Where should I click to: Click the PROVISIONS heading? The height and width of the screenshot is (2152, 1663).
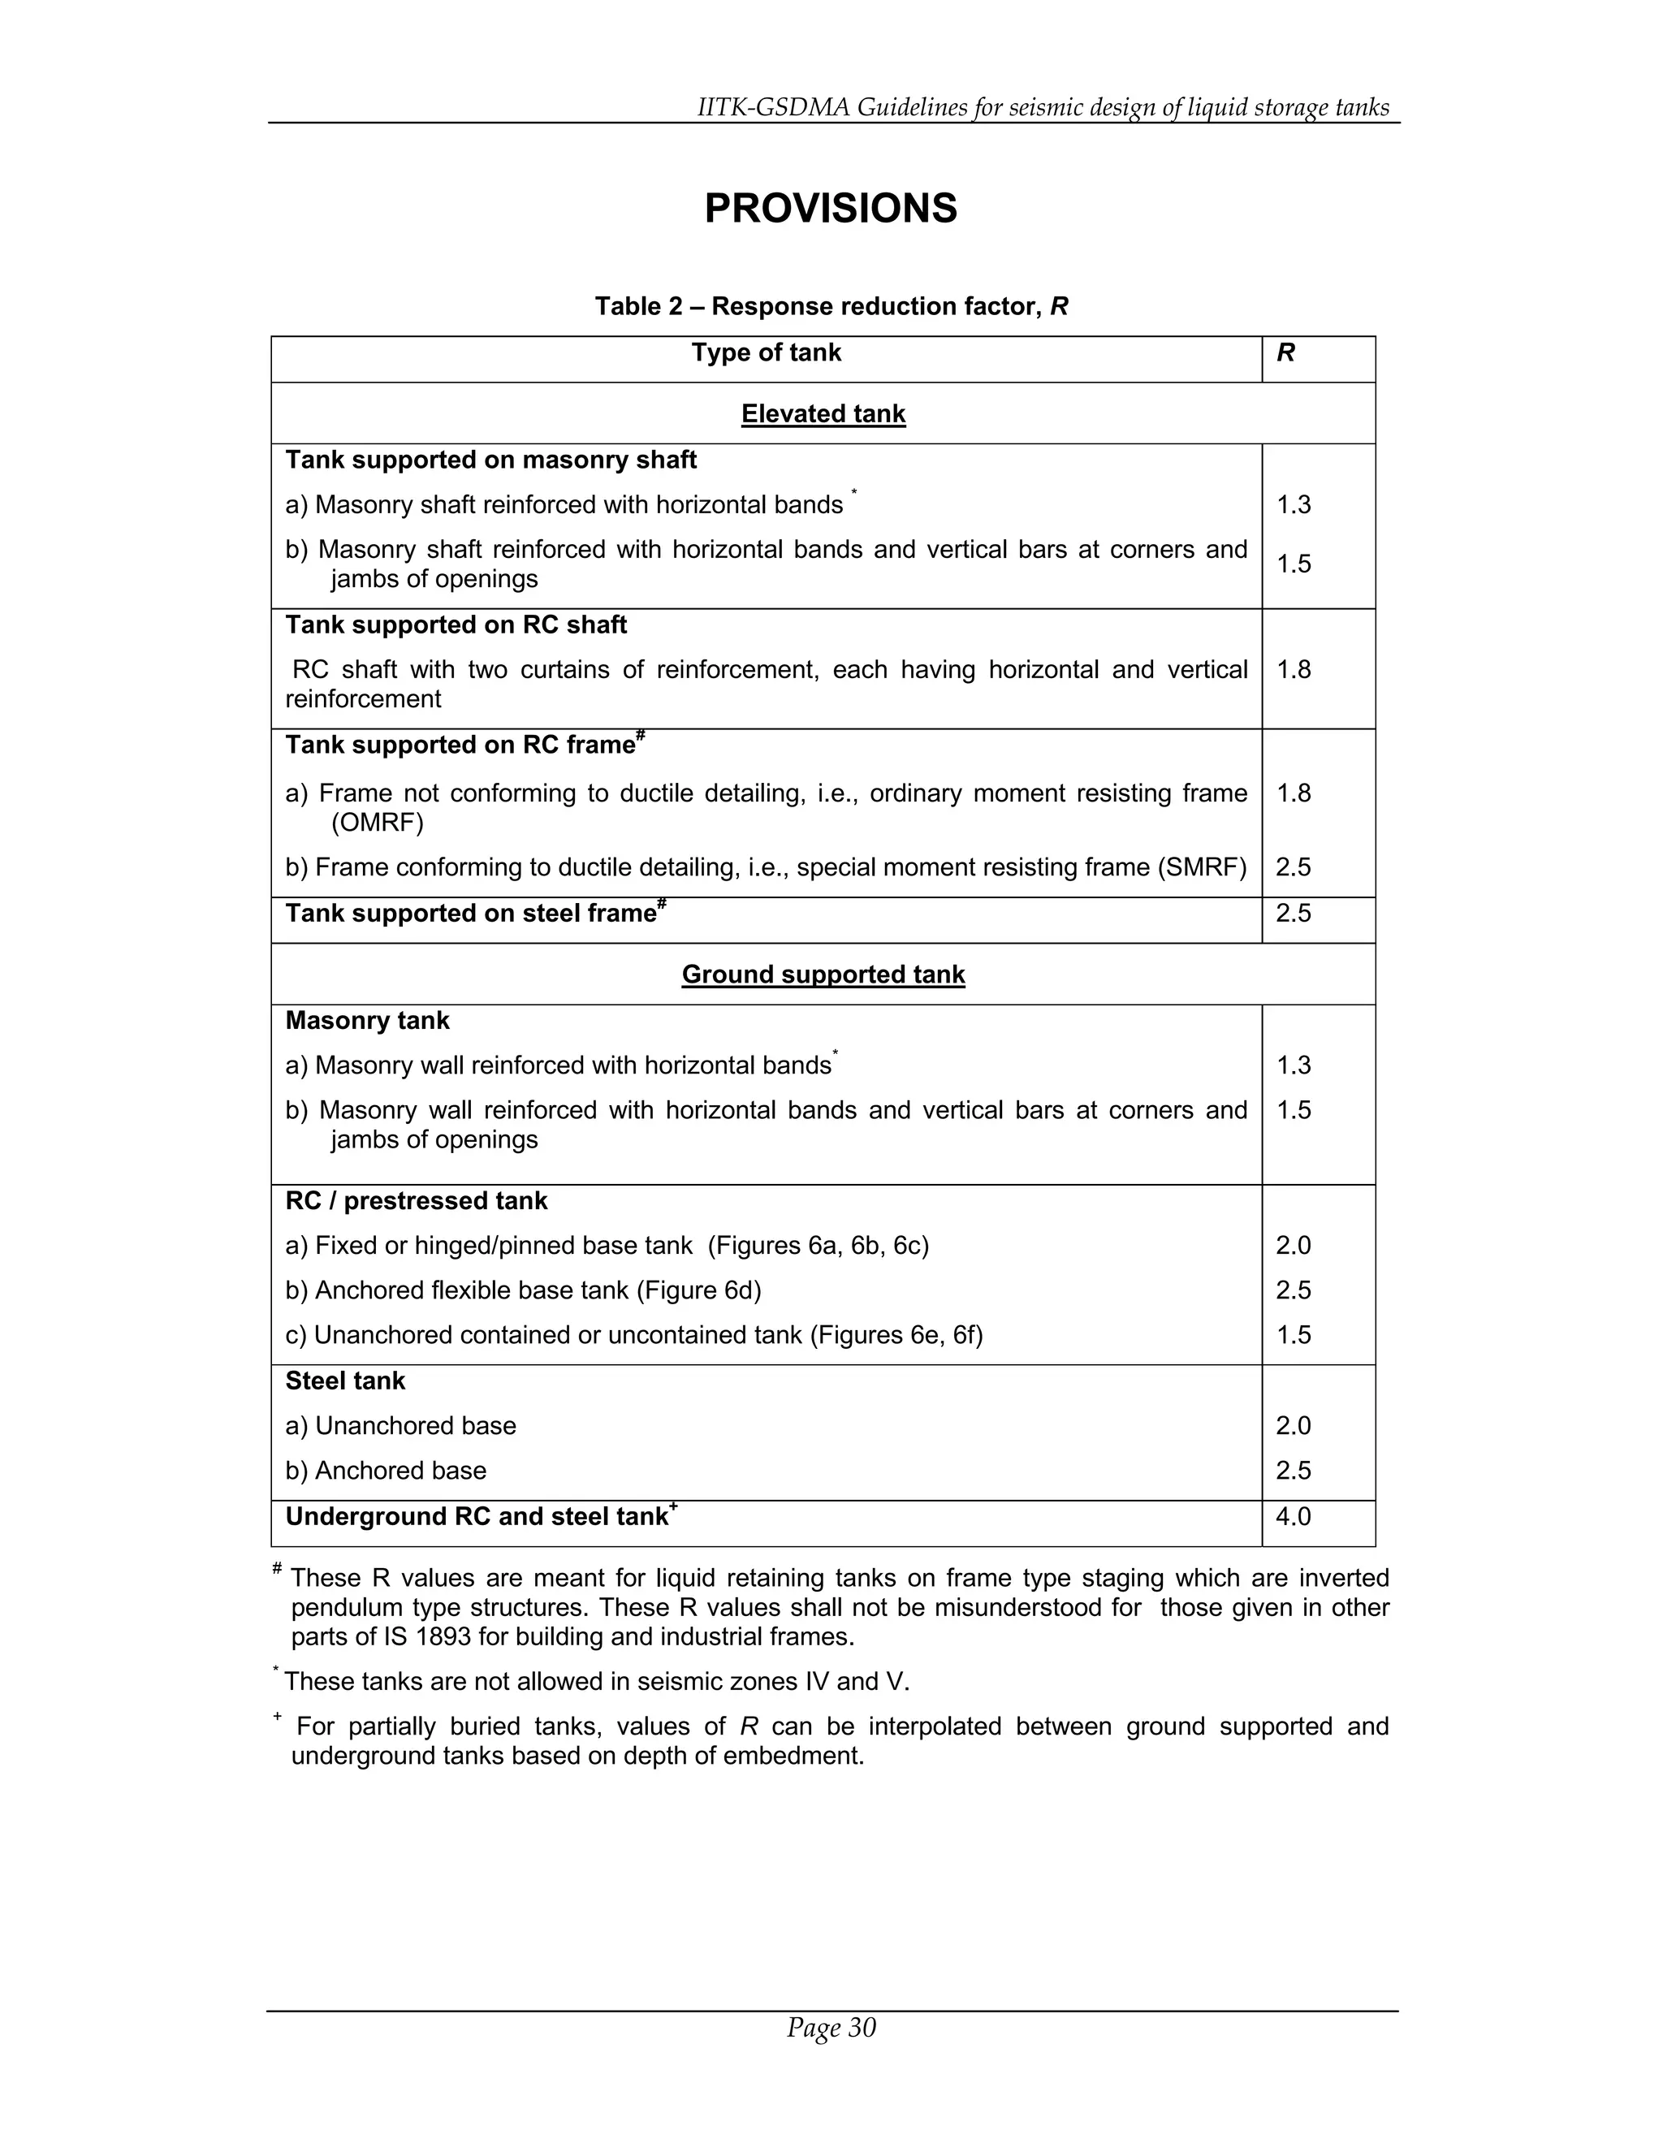(x=831, y=209)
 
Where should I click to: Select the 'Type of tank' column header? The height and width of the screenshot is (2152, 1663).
(x=766, y=352)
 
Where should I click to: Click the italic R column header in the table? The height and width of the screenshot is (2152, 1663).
(x=1285, y=352)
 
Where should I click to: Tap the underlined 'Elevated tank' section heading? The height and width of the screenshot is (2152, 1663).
(x=823, y=414)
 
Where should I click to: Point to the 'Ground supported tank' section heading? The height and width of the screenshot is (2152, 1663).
(x=823, y=974)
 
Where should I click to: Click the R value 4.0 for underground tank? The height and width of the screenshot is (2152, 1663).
(x=1293, y=1516)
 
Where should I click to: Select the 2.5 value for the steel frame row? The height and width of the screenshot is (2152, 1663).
(x=1293, y=914)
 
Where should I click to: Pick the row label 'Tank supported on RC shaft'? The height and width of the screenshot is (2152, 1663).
(x=456, y=625)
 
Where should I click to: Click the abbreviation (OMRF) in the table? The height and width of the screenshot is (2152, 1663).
(x=378, y=823)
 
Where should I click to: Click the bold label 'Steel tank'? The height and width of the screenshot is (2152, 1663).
(x=345, y=1381)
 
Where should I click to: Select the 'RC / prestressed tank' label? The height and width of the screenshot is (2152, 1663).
(x=416, y=1201)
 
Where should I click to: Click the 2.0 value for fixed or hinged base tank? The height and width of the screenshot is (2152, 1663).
(x=1293, y=1247)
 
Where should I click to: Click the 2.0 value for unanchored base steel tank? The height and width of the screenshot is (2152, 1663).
(x=1293, y=1426)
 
